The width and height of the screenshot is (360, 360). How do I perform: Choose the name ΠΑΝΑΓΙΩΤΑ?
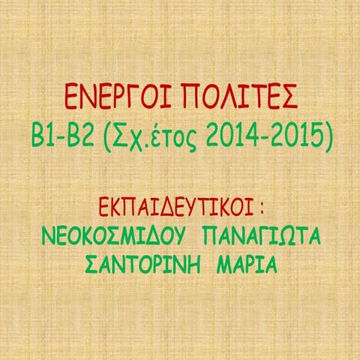tap(262, 236)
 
